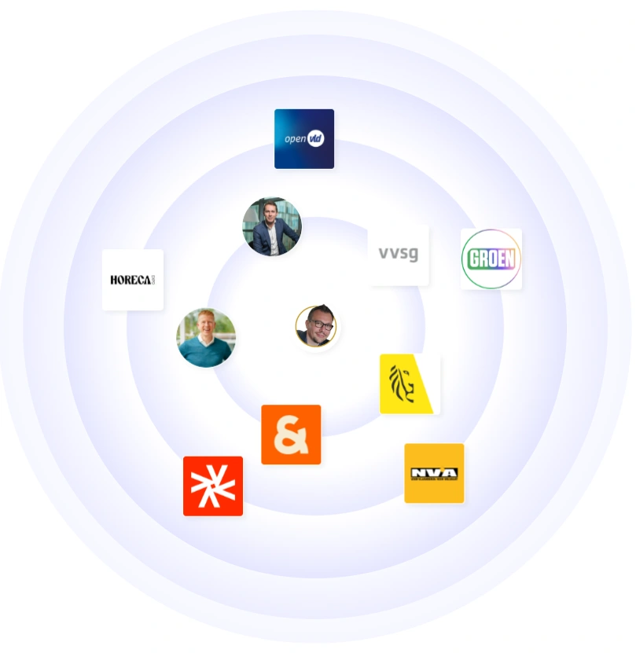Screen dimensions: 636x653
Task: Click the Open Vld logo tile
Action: click(304, 138)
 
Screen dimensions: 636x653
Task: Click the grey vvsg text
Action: click(399, 254)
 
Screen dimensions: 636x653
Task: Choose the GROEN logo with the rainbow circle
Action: click(491, 259)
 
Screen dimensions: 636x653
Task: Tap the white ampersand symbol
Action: click(291, 435)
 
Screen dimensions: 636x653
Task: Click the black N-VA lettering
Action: click(434, 472)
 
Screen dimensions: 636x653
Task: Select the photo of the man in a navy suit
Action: click(272, 226)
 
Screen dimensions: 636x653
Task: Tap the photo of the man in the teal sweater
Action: click(206, 337)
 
